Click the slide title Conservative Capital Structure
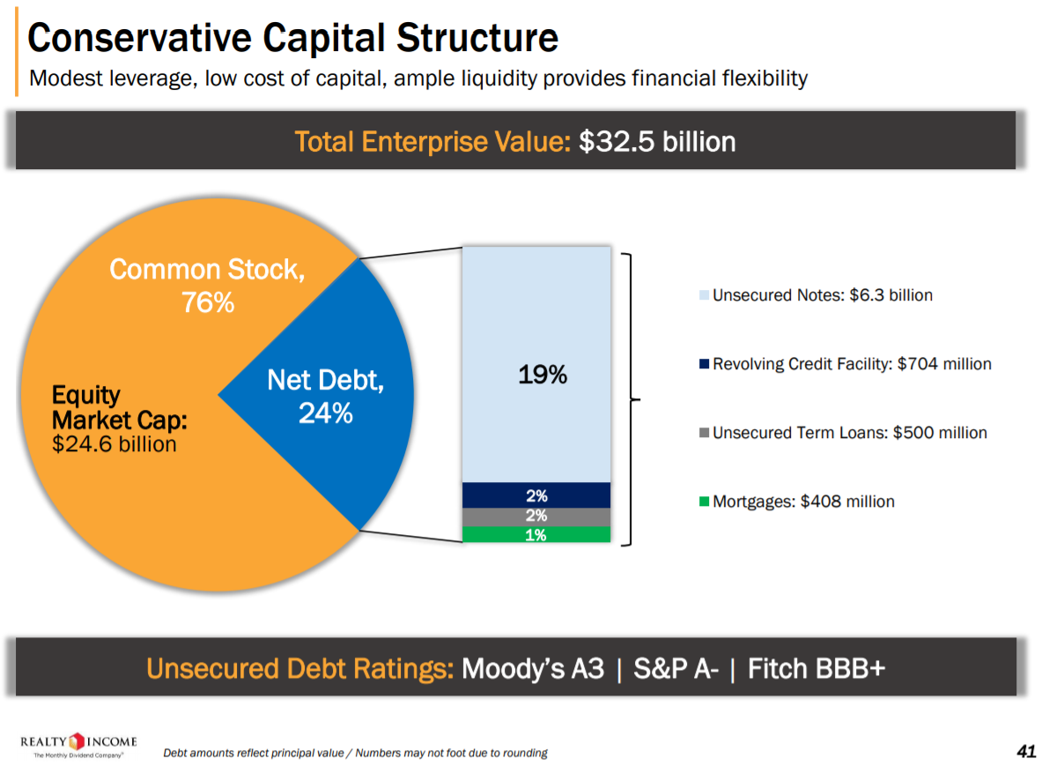click(x=292, y=38)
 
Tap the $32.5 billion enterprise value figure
click(x=657, y=141)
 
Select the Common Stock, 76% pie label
click(x=208, y=285)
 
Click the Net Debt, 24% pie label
click(x=326, y=397)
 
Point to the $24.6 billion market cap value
click(x=115, y=444)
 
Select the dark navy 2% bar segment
click(x=536, y=495)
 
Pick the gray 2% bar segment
click(x=536, y=517)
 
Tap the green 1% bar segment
click(x=536, y=534)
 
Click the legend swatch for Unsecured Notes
click(x=704, y=295)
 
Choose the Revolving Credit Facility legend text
click(x=852, y=364)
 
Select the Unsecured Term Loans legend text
click(x=849, y=433)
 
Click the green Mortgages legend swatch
click(x=704, y=502)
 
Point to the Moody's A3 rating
click(x=533, y=668)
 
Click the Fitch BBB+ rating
click(x=816, y=668)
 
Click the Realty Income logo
click(x=78, y=745)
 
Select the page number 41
click(x=1025, y=751)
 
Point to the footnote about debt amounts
click(x=355, y=753)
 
